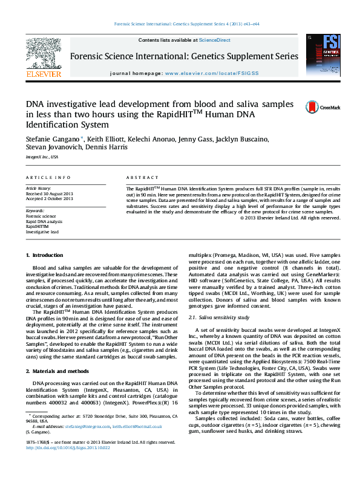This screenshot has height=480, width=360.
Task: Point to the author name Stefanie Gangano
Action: pyautogui.click(x=50, y=139)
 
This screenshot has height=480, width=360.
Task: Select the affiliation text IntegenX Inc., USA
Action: pyautogui.click(x=42, y=156)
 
